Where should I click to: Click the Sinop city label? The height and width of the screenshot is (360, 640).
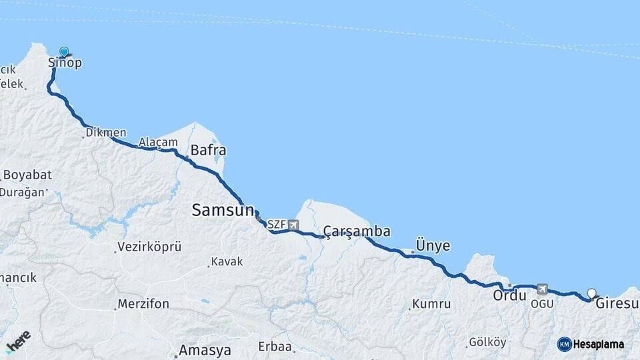click(65, 63)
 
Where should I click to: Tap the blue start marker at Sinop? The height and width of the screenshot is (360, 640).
click(64, 52)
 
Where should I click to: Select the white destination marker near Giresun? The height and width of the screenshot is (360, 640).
click(592, 293)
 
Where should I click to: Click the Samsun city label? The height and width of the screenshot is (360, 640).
click(223, 211)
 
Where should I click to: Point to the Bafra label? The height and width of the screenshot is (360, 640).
click(209, 150)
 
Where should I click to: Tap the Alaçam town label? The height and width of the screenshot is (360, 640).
click(158, 143)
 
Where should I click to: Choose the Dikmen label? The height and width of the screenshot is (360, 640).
click(106, 133)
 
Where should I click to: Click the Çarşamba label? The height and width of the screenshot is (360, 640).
click(357, 231)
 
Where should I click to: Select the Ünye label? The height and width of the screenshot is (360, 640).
click(433, 245)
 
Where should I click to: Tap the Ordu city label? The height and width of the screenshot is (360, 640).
click(510, 295)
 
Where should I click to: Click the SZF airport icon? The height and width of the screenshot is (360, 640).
click(294, 225)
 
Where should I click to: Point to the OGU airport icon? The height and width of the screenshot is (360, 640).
click(542, 289)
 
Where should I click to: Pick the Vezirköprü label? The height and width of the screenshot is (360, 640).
click(149, 247)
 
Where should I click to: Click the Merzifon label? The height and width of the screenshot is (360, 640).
click(143, 304)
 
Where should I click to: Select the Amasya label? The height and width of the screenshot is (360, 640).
click(205, 350)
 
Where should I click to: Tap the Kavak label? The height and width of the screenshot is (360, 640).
click(227, 262)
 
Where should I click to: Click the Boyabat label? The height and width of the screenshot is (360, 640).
click(27, 175)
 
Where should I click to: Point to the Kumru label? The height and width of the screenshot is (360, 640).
click(431, 304)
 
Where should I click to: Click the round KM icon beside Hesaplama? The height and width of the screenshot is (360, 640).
click(565, 344)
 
